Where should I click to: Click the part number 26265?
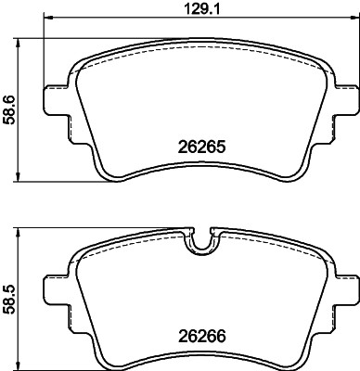(x=202, y=147)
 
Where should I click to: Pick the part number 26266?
(x=202, y=339)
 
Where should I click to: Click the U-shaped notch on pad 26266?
(x=201, y=243)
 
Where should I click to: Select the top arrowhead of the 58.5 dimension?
(x=21, y=230)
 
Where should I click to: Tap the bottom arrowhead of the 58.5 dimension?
(x=21, y=365)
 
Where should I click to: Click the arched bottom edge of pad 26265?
(x=201, y=167)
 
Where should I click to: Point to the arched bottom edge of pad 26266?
(x=201, y=357)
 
